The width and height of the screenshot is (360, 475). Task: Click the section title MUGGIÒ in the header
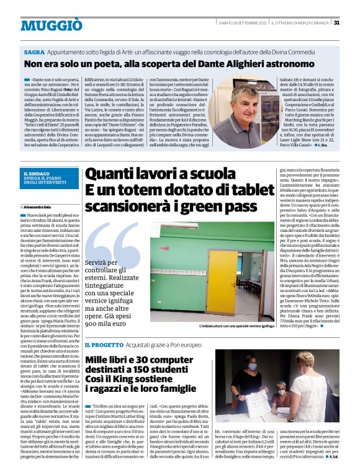click(x=51, y=25)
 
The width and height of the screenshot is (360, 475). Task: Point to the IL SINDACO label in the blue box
click(x=37, y=175)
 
